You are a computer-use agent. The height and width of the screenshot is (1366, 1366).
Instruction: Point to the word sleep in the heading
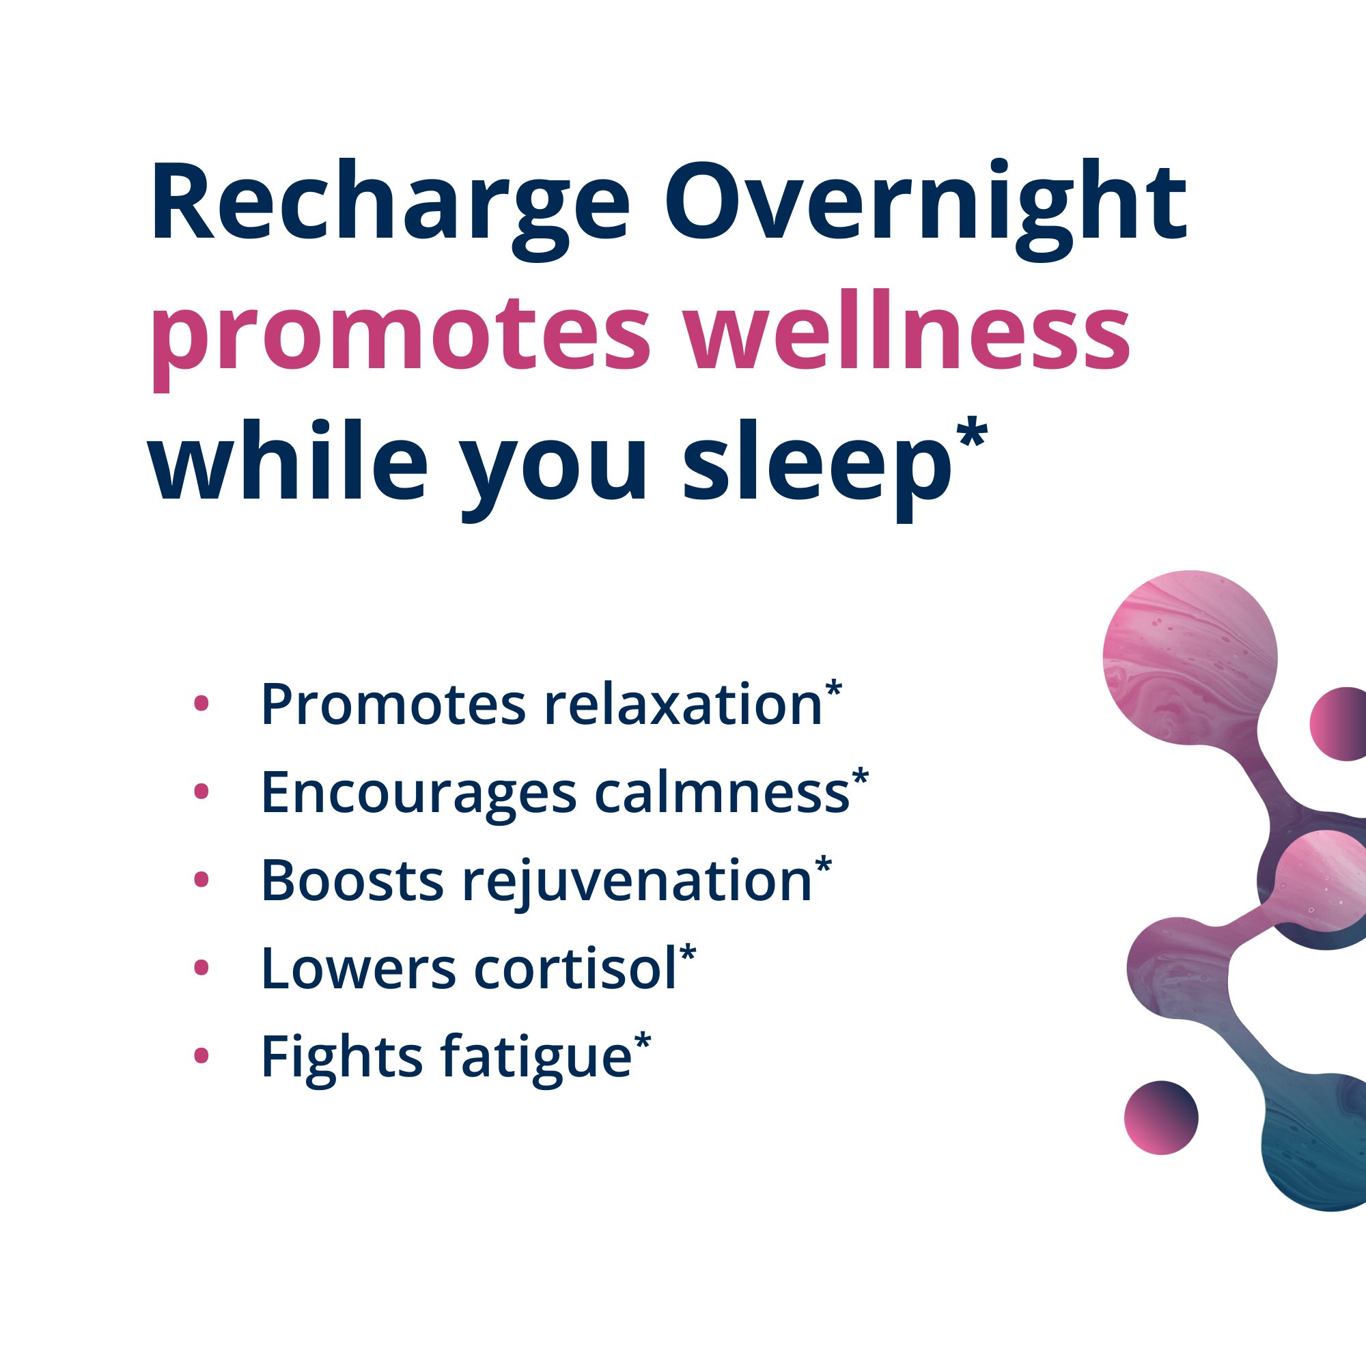(x=817, y=466)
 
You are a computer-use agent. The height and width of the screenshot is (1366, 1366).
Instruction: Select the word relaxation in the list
(x=683, y=705)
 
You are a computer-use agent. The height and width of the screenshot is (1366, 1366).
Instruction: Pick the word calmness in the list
(x=721, y=792)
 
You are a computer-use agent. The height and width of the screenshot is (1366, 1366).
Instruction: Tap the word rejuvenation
(x=637, y=882)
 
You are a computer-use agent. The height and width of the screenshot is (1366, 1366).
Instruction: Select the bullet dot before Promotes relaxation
(x=201, y=703)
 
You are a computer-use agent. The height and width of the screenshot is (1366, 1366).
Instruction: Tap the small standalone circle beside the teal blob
(x=1161, y=1117)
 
